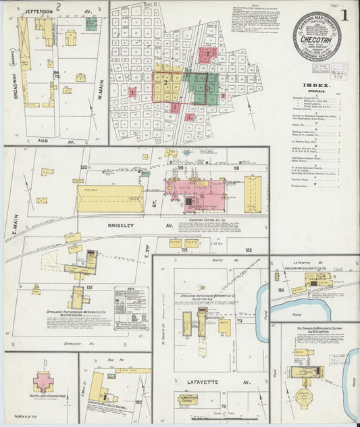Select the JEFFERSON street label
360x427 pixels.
coord(40,11)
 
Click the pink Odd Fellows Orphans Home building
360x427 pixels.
coord(43,381)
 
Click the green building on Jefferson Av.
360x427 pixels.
coord(91,23)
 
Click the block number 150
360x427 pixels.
coord(280,290)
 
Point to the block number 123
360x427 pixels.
coord(248,250)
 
